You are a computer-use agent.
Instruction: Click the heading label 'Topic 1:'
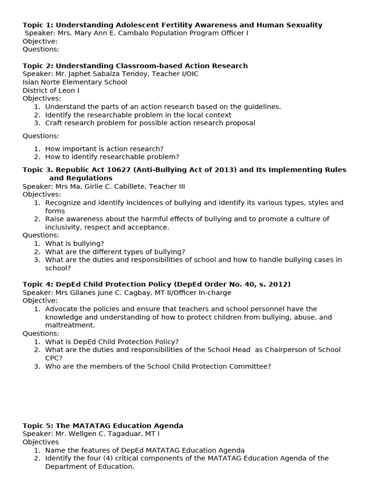click(x=38, y=25)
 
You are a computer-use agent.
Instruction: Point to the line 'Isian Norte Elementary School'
click(x=75, y=82)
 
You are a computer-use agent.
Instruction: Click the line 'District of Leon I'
click(x=51, y=91)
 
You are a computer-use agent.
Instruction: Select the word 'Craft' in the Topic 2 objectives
click(x=55, y=123)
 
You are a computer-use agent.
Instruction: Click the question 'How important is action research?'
click(x=104, y=149)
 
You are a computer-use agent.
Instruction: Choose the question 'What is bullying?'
click(x=75, y=244)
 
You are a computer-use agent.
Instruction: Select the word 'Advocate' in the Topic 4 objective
click(x=61, y=309)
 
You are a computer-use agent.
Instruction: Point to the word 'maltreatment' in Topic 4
click(x=69, y=326)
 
